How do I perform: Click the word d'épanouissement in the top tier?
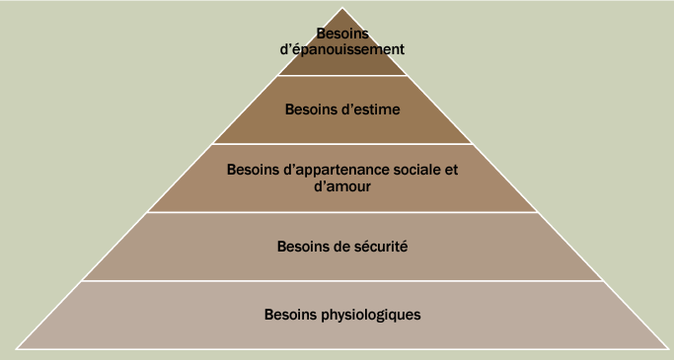pyautogui.click(x=342, y=47)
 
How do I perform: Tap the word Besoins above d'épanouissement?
pyautogui.click(x=342, y=33)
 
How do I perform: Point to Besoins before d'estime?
pyautogui.click(x=310, y=109)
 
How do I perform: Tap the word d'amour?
pyautogui.click(x=341, y=185)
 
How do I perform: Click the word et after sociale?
pyautogui.click(x=451, y=170)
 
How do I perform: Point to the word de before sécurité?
pyautogui.click(x=336, y=246)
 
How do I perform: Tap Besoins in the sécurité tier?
pyautogui.click(x=298, y=246)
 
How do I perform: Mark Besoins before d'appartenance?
pyautogui.click(x=251, y=170)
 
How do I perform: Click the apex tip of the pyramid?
pyautogui.click(x=342, y=8)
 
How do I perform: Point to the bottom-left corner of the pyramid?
pyautogui.click(x=17, y=349)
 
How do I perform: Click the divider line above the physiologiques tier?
pyautogui.click(x=342, y=281)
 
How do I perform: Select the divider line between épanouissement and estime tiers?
pyautogui.click(x=342, y=76)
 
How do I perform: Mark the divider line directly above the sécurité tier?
pyautogui.click(x=342, y=212)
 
